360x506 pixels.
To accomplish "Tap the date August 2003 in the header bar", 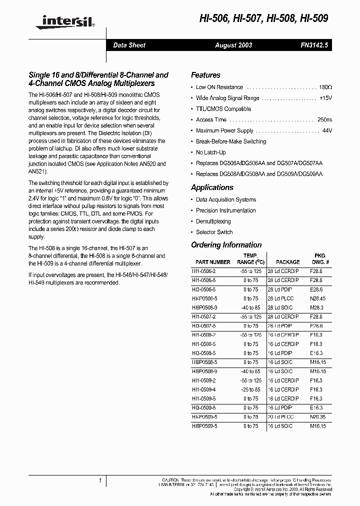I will point(233,45).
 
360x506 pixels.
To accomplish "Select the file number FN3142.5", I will point(314,45).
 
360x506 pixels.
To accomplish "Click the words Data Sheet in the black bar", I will point(129,45).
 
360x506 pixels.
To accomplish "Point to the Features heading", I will point(205,75).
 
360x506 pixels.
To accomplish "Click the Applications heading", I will point(212,187).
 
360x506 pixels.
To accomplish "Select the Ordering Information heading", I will point(226,245).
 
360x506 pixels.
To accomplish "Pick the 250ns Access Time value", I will point(324,120).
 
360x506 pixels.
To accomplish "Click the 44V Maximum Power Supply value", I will point(327,131).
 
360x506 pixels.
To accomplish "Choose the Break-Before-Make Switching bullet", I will point(231,141).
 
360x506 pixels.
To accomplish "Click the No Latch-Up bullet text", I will point(210,152).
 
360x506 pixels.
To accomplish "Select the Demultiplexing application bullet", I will point(213,221).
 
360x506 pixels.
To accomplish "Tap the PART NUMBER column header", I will point(213,262).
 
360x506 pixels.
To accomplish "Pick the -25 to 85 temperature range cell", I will point(250,389).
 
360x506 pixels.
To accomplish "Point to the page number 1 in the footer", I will point(100,480).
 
